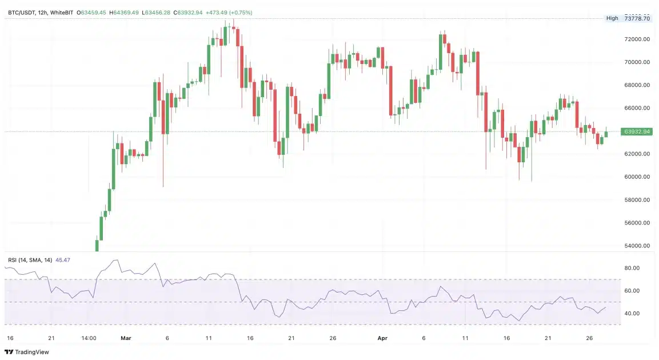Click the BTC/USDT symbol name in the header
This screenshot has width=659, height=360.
22,12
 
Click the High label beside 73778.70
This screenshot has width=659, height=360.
612,18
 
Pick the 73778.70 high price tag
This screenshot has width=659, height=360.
637,18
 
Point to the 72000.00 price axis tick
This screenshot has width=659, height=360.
637,39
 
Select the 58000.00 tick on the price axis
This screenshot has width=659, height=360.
637,200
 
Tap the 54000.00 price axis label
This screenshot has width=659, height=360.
637,246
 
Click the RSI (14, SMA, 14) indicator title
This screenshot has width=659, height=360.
30,260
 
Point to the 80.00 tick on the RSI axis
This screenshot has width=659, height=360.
631,268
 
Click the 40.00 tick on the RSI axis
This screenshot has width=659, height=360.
631,314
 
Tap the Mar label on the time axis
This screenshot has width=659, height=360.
126,338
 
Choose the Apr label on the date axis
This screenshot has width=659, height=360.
382,338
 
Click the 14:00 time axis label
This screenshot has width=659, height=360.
89,338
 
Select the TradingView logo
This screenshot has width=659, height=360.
27,352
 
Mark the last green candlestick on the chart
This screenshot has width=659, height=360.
606,134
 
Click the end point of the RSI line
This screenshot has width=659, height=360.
606,307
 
